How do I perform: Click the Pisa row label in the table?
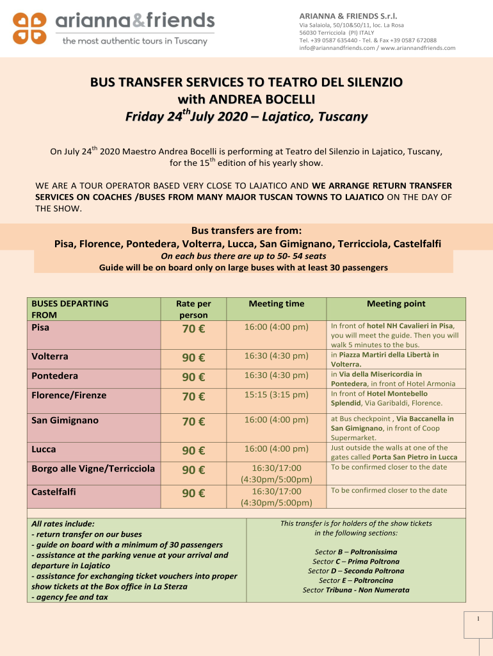coord(41,327)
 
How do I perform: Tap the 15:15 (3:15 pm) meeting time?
coord(277,395)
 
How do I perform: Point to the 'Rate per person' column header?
coord(193,309)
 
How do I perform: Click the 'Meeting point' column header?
coord(396,304)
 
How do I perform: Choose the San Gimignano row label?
coord(63,421)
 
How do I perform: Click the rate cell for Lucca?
coord(193,450)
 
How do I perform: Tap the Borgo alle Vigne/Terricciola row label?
coord(93,468)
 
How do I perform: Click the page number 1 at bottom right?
coord(478,619)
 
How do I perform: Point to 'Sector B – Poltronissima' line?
coord(356,552)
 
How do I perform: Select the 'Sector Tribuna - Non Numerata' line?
coord(356,590)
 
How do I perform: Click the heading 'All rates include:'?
coord(63,523)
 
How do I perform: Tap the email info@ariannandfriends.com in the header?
coord(338,48)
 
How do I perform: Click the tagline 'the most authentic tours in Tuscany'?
coord(134,42)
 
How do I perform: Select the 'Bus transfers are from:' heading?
coord(247,231)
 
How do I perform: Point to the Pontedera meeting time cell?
coord(277,375)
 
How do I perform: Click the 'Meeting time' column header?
coord(277,304)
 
